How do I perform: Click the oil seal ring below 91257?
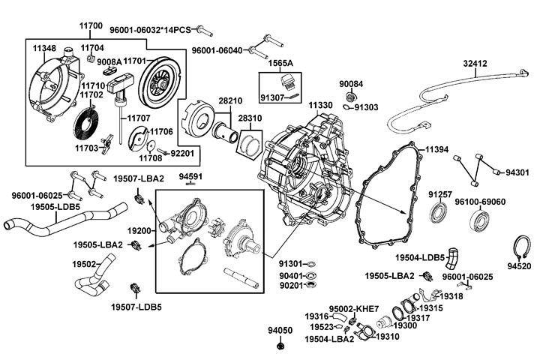(439, 214)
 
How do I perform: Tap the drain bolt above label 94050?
(280, 347)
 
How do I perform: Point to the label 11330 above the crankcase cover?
(320, 106)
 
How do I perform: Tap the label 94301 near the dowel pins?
(517, 172)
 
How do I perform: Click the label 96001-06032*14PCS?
(150, 30)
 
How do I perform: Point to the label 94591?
(190, 176)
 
